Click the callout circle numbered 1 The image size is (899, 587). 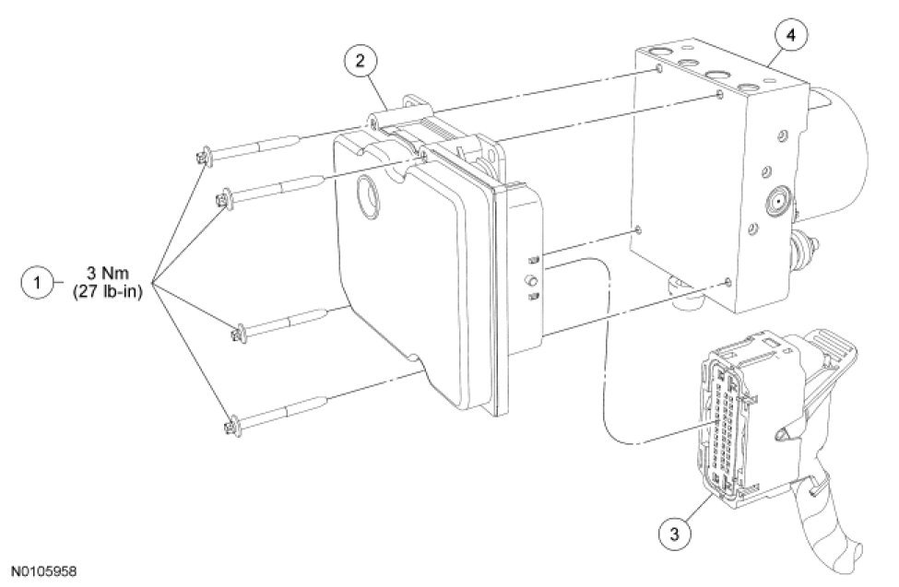(38, 283)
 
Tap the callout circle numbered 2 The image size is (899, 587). (360, 61)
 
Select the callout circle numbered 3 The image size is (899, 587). (674, 534)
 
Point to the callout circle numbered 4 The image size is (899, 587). (790, 36)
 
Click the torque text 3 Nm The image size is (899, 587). (108, 274)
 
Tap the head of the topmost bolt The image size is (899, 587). (204, 156)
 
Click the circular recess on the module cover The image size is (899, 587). (368, 197)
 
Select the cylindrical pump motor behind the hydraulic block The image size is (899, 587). (838, 154)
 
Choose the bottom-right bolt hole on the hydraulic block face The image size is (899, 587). (727, 281)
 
